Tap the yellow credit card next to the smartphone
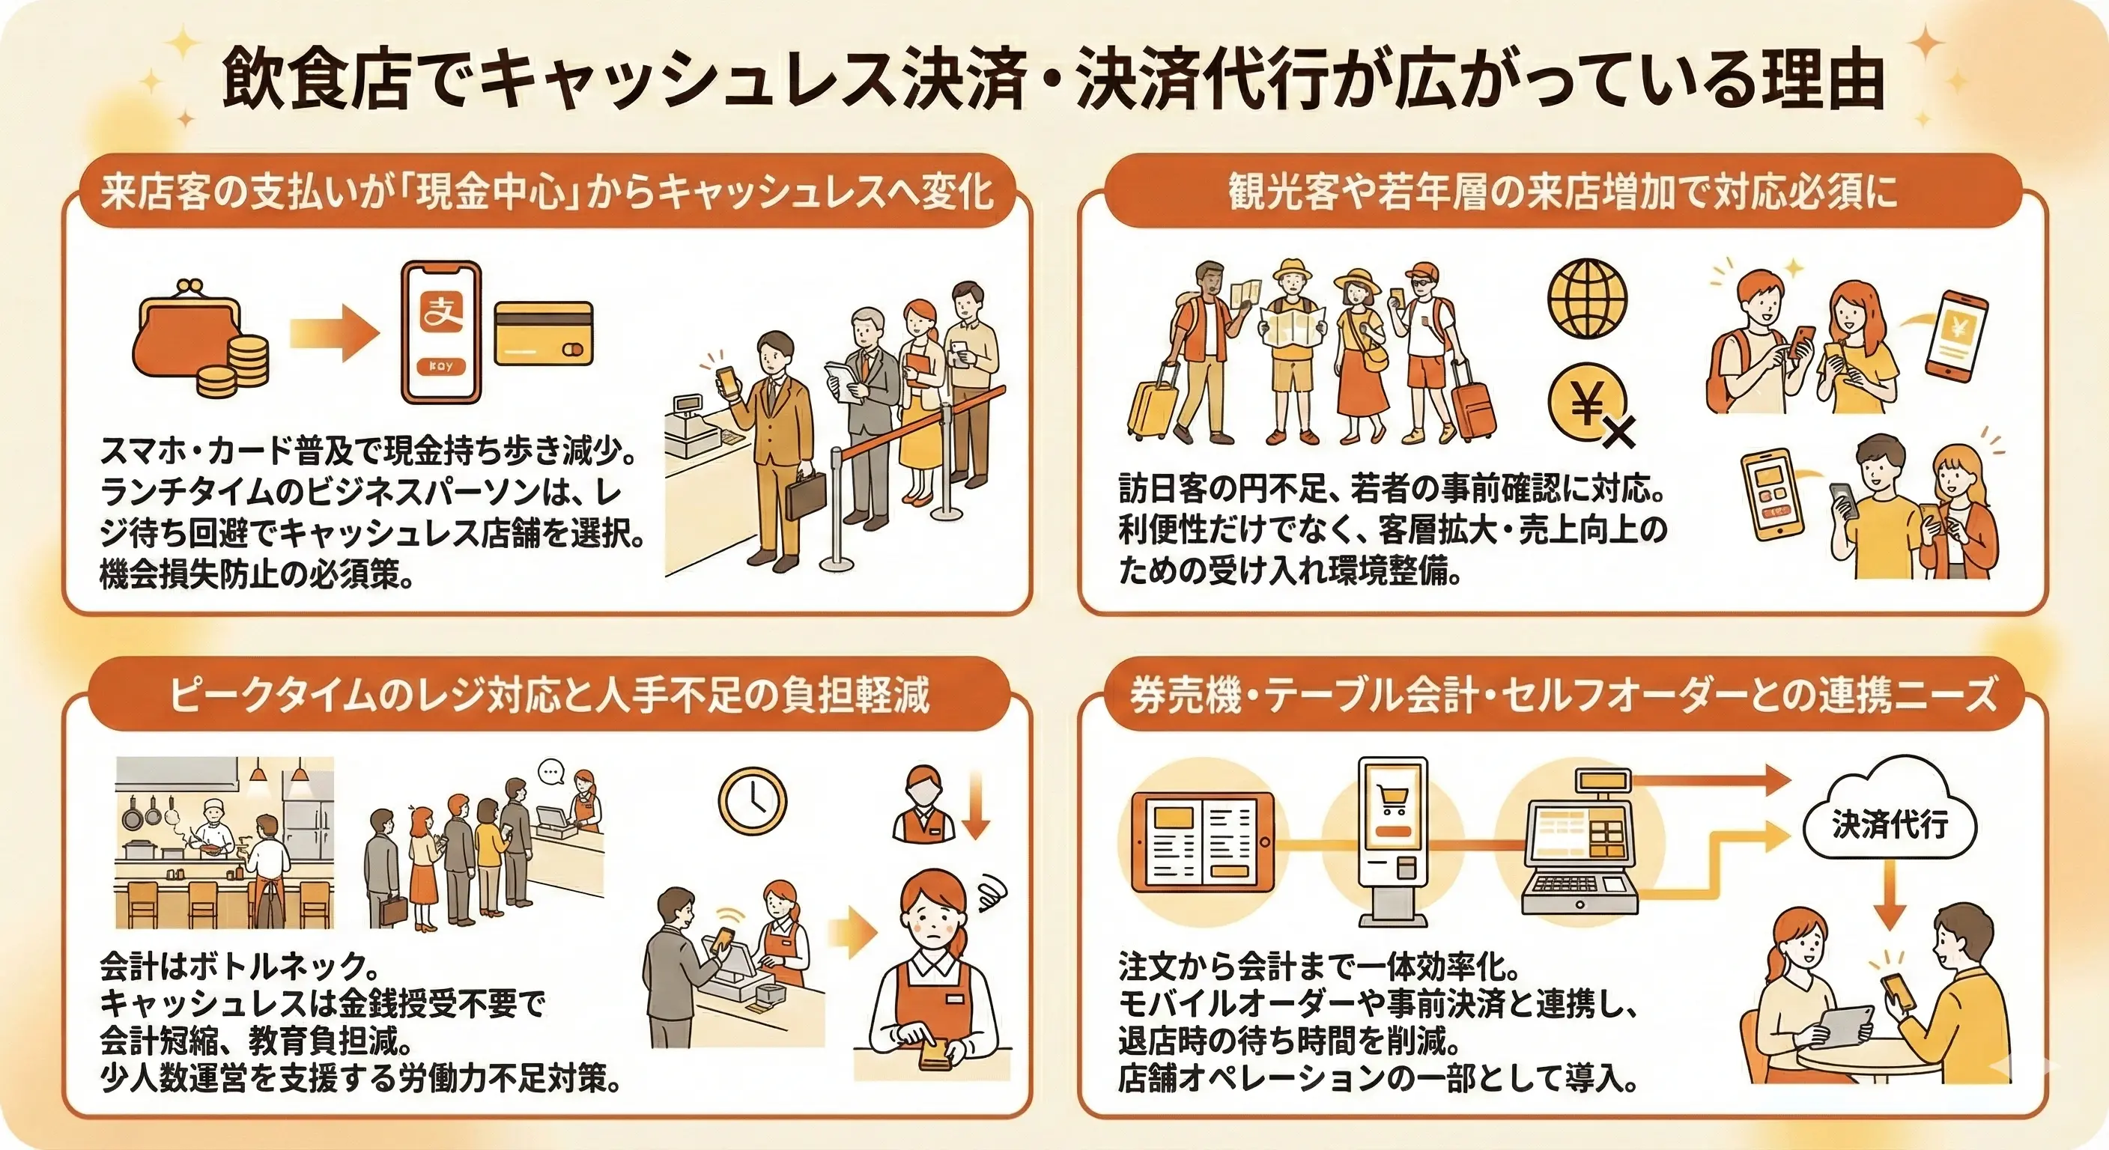[x=544, y=333]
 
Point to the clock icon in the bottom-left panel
[x=752, y=800]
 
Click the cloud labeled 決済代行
[x=1890, y=825]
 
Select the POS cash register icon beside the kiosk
[x=1580, y=848]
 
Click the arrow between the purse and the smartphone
[x=336, y=332]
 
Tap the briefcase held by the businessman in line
[x=806, y=494]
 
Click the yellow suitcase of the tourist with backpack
[x=1153, y=407]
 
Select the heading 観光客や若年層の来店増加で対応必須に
[x=1562, y=193]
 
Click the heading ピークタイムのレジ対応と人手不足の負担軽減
[x=548, y=697]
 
